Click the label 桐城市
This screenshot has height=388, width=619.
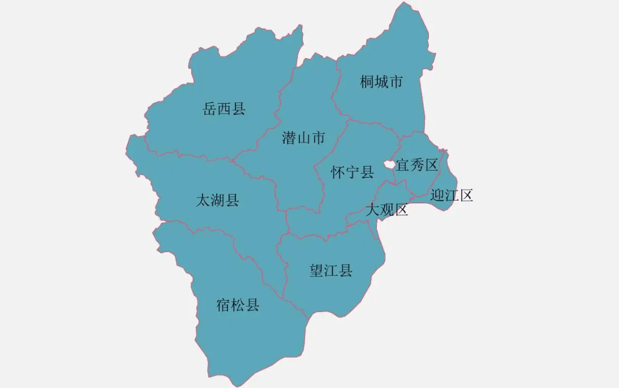[381, 82]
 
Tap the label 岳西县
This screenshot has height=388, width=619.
[224, 109]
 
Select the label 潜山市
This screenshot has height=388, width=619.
[303, 138]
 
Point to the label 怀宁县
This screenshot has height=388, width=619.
[353, 172]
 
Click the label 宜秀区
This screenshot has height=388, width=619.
[417, 165]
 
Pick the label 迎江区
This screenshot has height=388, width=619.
[452, 196]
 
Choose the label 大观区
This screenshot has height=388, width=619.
[386, 210]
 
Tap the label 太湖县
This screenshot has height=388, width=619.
[217, 200]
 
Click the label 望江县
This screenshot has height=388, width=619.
[331, 271]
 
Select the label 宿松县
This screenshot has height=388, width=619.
[238, 305]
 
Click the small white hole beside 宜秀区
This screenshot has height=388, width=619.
[389, 164]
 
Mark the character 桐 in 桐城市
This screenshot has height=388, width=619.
[367, 82]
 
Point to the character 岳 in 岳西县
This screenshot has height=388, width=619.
[210, 109]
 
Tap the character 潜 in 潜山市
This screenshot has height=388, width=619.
[289, 138]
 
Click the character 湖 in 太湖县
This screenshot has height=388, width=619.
[217, 200]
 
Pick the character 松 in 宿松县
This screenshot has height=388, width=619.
[238, 305]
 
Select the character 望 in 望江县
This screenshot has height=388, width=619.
[317, 271]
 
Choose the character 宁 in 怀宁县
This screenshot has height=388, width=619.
[353, 172]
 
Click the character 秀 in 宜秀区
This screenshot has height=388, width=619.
[417, 165]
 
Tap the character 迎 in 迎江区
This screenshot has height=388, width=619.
[437, 196]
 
